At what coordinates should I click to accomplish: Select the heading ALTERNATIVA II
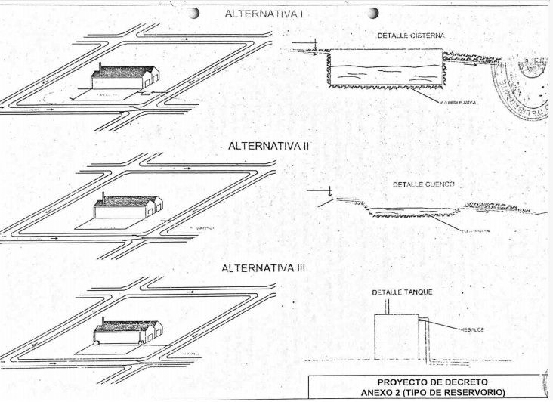tap(261, 145)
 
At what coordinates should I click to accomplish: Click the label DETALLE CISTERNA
tap(411, 36)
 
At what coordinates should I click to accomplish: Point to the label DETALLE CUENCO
tap(423, 184)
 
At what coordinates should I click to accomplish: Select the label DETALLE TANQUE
tap(400, 292)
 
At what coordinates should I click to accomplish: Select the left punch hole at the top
tap(195, 13)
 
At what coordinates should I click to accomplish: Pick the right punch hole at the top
tap(372, 13)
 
